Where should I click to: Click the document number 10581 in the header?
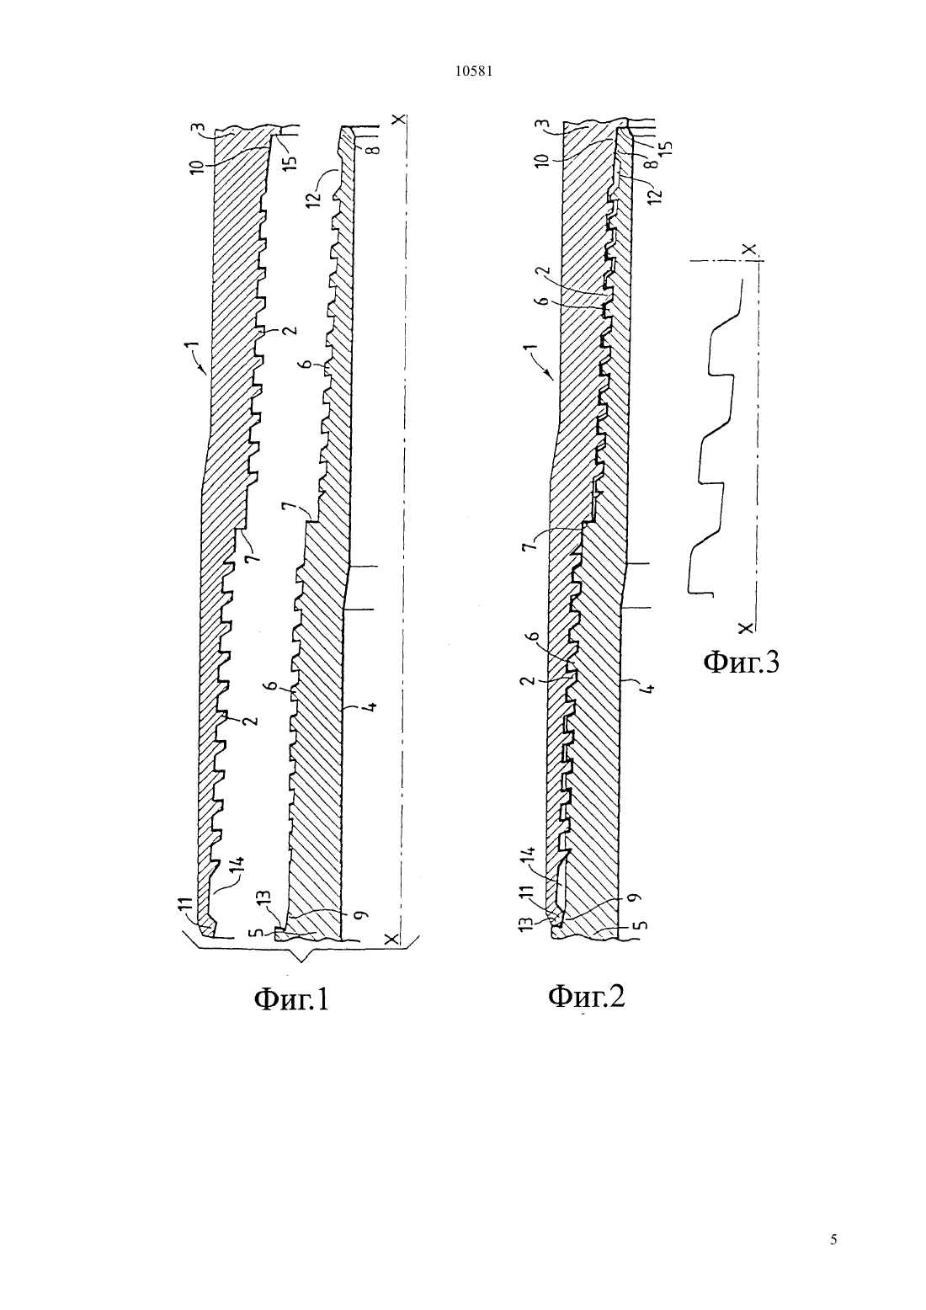[x=473, y=72]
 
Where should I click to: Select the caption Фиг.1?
[x=291, y=999]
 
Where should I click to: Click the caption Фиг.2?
[x=587, y=996]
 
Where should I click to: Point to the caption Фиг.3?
[x=741, y=663]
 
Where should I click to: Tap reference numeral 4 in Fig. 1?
[x=370, y=706]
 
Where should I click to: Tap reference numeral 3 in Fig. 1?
[x=200, y=128]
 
